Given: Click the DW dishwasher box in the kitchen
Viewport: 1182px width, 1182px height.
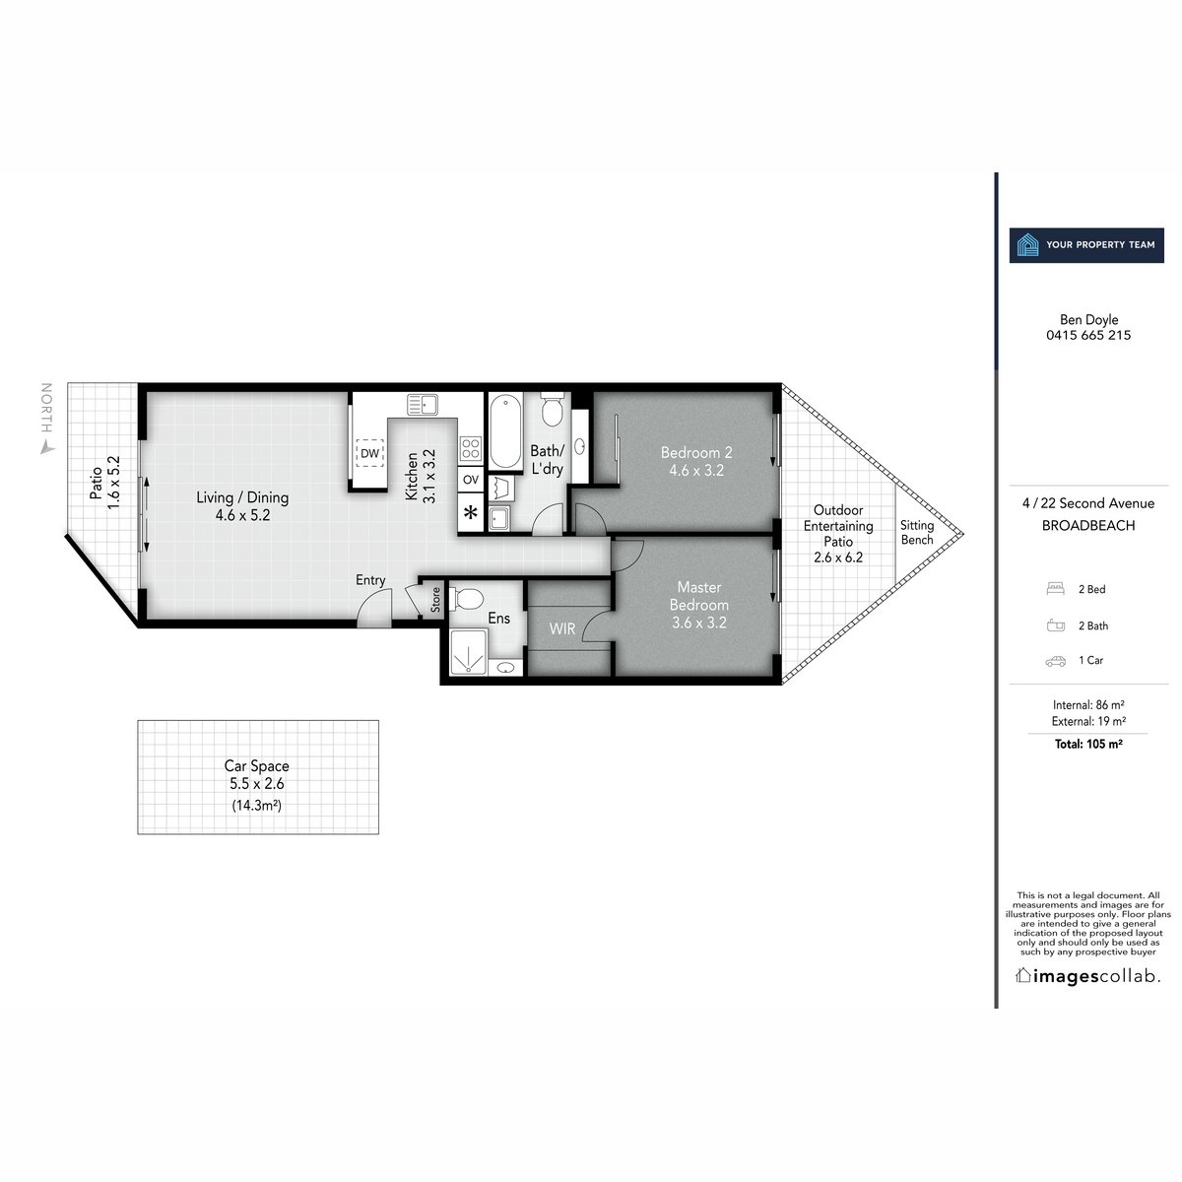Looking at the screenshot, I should click(x=369, y=453).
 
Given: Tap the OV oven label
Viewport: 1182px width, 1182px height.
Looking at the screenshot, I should click(x=471, y=480).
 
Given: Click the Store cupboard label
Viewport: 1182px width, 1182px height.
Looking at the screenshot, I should click(x=435, y=600).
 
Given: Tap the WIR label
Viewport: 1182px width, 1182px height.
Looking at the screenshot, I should click(x=562, y=627).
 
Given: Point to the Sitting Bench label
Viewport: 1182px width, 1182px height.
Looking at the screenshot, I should click(x=917, y=533).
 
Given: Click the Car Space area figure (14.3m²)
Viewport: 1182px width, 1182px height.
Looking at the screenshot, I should click(x=257, y=805).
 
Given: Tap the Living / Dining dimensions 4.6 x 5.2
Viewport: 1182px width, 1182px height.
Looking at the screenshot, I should click(x=242, y=515).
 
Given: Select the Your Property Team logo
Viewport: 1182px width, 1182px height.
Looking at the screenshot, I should click(x=1086, y=244).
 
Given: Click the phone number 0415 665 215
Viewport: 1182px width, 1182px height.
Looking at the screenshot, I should click(x=1088, y=335).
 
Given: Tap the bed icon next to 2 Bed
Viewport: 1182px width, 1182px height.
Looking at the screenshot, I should click(x=1056, y=589).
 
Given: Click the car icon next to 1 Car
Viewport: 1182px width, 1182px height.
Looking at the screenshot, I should click(x=1056, y=661).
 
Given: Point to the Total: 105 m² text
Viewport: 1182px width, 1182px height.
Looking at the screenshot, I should click(x=1088, y=745).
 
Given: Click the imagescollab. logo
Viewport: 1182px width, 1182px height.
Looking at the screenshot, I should click(x=1088, y=976).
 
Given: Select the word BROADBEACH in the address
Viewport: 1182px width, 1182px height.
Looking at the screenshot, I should click(x=1088, y=526).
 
